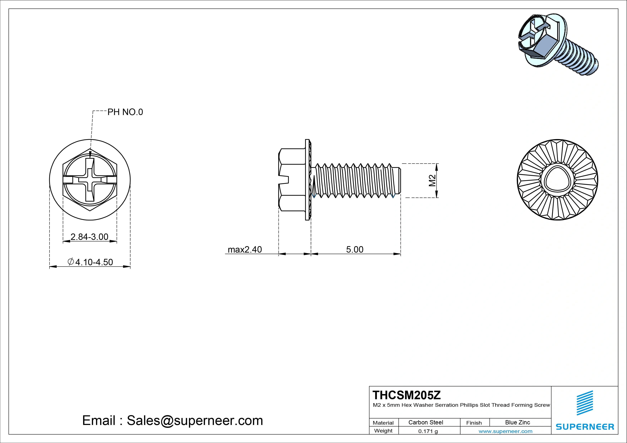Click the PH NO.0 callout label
pos(125,112)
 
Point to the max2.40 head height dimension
pos(245,249)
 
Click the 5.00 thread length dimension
pos(355,249)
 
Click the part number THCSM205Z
pos(406,395)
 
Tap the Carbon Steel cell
pos(426,422)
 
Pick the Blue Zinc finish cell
pos(517,422)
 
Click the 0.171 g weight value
pos(428,431)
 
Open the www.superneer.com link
pos(505,431)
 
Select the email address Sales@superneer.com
pos(195,420)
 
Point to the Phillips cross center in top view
pos(90,180)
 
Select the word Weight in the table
pos(383,431)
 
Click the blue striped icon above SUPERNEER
pos(585,403)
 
